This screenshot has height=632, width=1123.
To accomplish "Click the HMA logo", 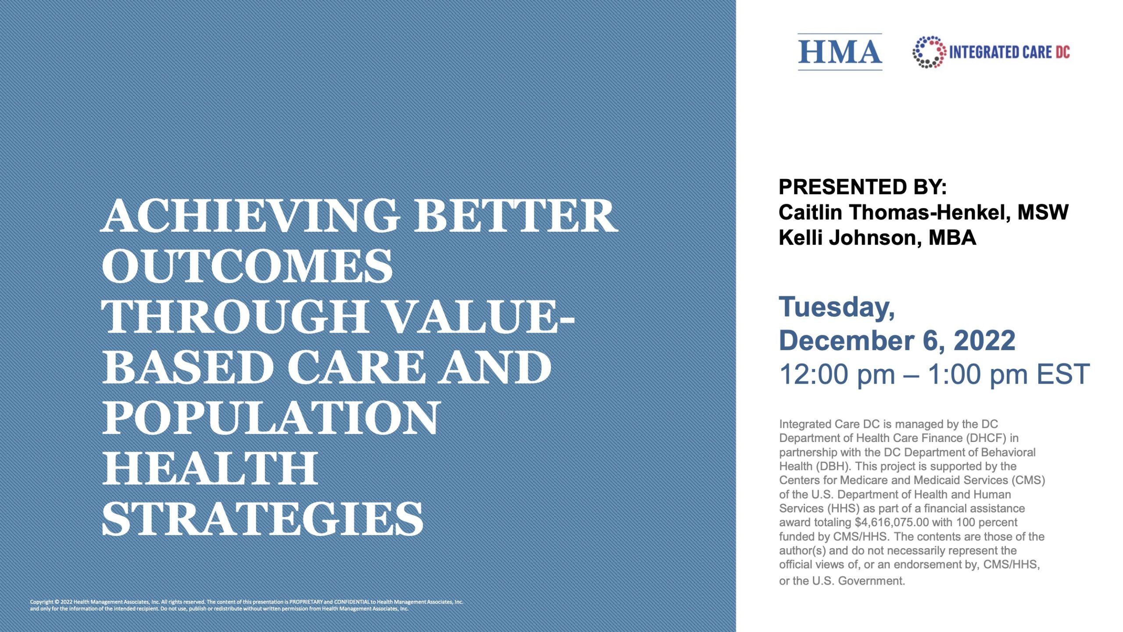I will click(840, 52).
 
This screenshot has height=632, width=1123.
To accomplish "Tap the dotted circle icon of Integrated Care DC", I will click(929, 52).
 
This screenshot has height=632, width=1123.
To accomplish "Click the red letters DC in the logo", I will click(1062, 52).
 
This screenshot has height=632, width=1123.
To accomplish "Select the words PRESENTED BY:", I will click(862, 187).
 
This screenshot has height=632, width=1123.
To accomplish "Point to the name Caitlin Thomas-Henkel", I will click(895, 212).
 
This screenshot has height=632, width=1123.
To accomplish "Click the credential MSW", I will click(1043, 212).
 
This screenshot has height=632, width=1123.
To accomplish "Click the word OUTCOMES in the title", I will click(247, 266).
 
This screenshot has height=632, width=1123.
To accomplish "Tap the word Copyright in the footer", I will click(42, 602).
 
